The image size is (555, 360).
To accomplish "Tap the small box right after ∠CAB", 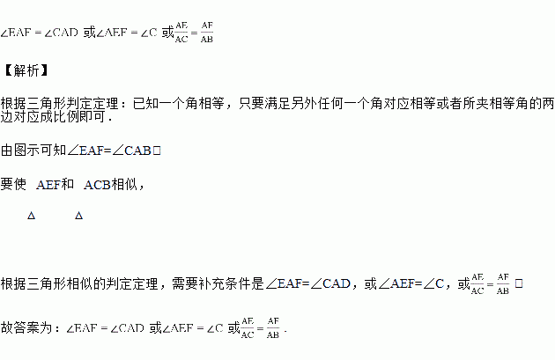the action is point(156,151).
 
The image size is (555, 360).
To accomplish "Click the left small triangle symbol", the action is point(31,216).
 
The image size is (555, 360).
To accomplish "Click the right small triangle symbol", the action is point(78,216).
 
